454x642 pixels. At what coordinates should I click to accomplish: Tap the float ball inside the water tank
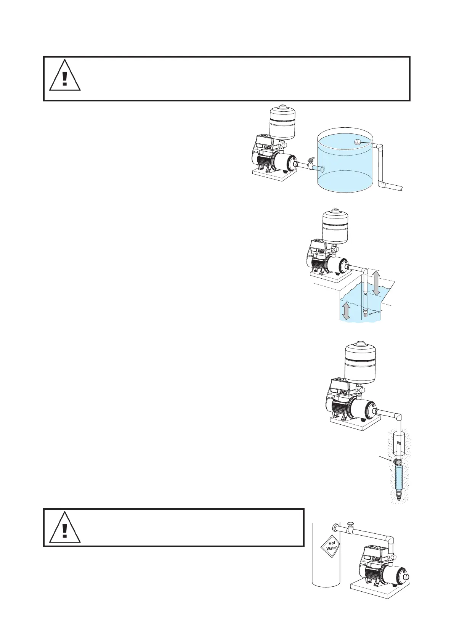coord(358,142)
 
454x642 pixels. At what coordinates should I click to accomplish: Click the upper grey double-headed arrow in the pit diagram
coord(376,282)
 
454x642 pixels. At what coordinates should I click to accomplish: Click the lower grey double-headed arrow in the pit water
coord(346,311)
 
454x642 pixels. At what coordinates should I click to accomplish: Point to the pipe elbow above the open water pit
coord(364,272)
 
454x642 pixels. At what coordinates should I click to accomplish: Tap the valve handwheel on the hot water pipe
coord(351,524)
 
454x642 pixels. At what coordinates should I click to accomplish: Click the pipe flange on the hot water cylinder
coord(335,528)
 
